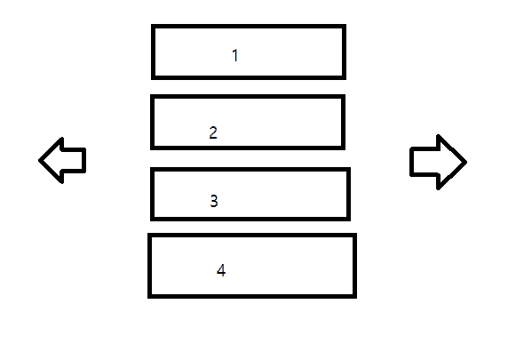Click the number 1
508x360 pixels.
235,55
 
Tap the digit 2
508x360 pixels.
213,132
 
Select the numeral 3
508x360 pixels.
214,201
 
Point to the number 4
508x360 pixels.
221,270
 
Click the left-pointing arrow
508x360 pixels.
62,160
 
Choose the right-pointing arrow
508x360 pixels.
439,162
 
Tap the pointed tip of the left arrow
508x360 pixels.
39,160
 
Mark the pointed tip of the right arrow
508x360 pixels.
466,162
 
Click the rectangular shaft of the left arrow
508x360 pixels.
74,160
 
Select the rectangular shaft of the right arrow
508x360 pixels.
425,162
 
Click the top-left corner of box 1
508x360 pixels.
153,26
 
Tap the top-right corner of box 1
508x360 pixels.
345,26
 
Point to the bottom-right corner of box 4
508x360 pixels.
355,296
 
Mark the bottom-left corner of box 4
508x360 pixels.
149,296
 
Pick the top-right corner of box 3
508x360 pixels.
349,169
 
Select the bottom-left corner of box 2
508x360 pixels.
152,148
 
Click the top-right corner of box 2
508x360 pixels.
344,96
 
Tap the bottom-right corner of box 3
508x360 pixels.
349,220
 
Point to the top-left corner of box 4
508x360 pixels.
149,235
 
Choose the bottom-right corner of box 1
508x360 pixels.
345,78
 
